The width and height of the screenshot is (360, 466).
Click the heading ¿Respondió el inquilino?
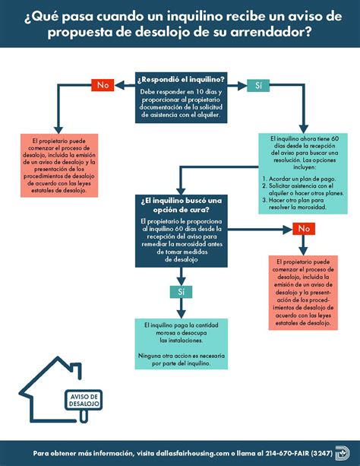[180, 80]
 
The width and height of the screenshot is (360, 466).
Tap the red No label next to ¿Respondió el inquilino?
[103, 85]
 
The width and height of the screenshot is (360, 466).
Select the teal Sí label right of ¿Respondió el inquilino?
[258, 85]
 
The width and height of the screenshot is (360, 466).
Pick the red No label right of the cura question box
[304, 228]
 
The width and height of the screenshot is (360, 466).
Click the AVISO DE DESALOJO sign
[84, 401]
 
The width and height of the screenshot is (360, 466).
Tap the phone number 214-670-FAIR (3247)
[286, 451]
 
